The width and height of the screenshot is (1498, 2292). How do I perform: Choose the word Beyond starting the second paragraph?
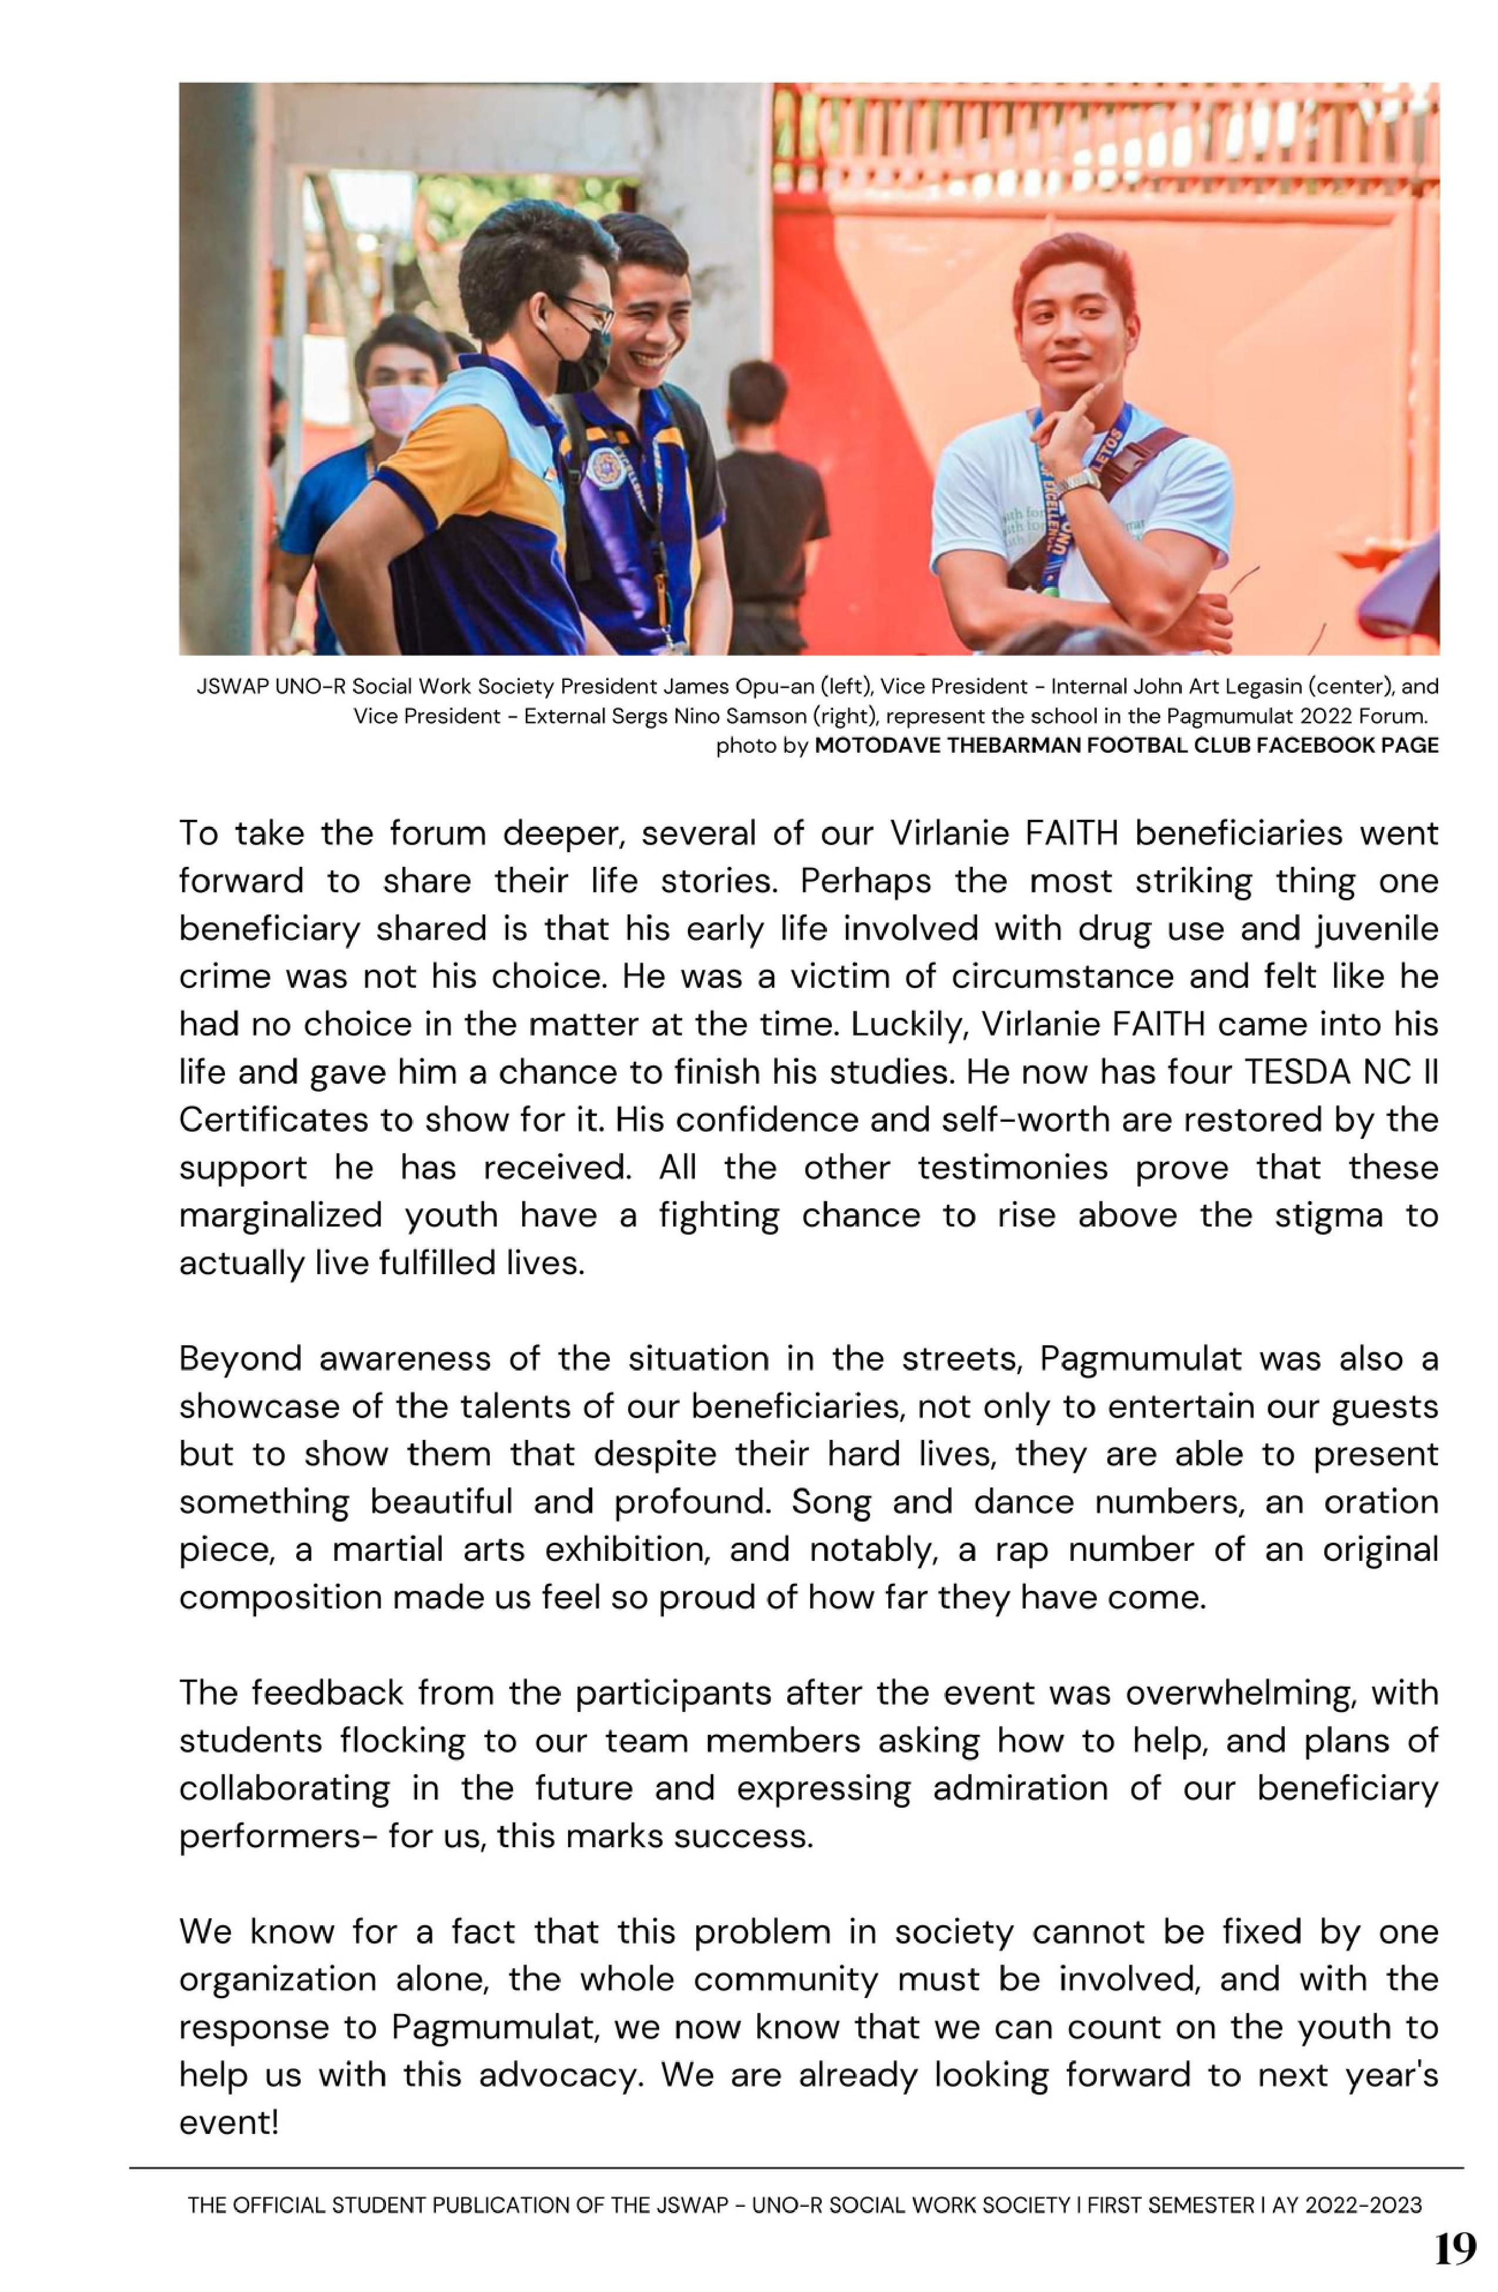tap(238, 1359)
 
